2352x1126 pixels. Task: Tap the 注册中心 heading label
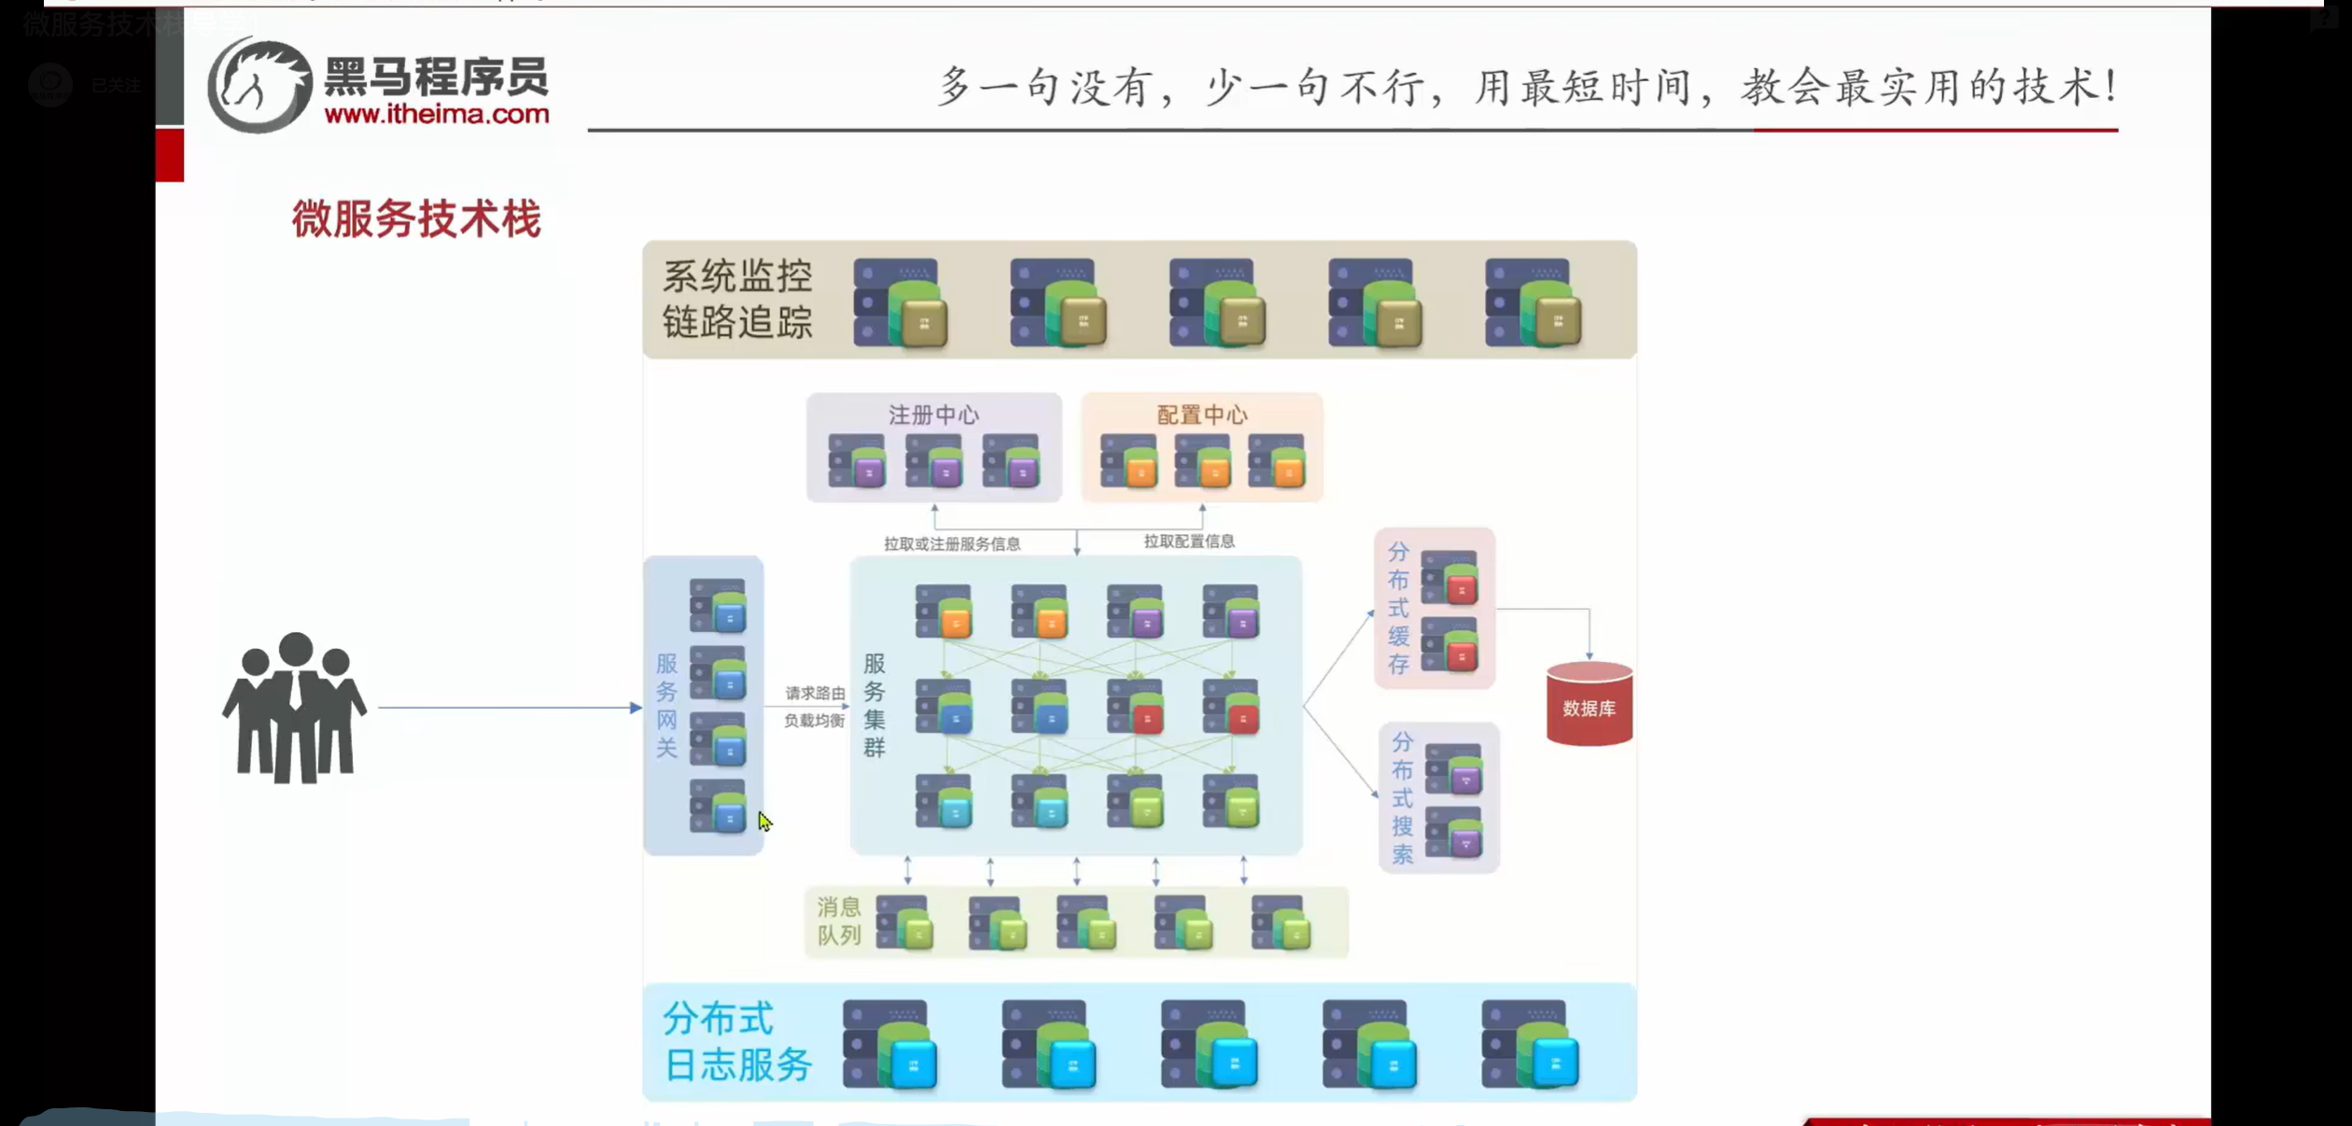[x=933, y=415]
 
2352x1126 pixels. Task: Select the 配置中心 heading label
[x=1201, y=415]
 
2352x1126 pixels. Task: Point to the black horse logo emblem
[x=259, y=85]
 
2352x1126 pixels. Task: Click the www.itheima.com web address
[x=437, y=115]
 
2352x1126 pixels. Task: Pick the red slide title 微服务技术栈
[x=416, y=219]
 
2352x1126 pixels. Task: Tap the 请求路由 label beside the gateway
[x=815, y=693]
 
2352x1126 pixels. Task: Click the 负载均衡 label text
[x=814, y=720]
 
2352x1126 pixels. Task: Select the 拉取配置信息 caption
[x=1189, y=542]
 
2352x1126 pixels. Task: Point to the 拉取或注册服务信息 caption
[x=952, y=543]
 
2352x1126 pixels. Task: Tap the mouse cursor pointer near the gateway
[x=763, y=821]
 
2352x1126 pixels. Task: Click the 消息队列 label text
[x=838, y=921]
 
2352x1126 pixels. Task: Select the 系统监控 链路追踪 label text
[x=737, y=299]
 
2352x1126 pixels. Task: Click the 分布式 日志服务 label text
[x=735, y=1041]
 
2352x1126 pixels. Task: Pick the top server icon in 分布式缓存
[x=1449, y=577]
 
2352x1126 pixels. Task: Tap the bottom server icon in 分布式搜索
[x=1454, y=832]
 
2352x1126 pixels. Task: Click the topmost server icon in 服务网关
[x=718, y=605]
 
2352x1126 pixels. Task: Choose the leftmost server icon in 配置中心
[x=1128, y=460]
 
